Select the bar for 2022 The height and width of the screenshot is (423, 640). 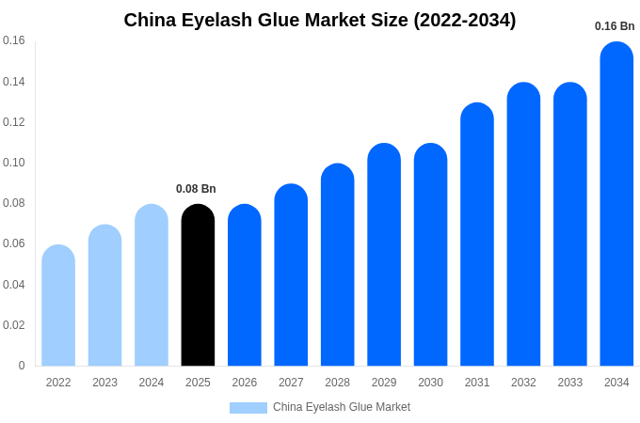coord(58,305)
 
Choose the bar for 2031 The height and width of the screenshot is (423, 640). coord(477,234)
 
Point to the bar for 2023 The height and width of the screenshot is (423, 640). coord(104,295)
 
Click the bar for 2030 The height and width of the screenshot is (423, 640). coord(430,255)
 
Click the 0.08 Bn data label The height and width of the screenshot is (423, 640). coord(196,189)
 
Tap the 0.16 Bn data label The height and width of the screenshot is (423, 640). coord(615,26)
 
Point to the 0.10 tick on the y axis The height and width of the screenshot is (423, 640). coord(14,163)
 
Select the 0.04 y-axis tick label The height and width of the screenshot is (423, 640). coord(14,285)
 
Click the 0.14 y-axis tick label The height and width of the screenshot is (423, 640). coord(14,82)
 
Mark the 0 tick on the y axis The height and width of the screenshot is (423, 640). coord(22,366)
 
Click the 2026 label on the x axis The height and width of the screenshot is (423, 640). coord(245,383)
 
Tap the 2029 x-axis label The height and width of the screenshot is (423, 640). coord(384,383)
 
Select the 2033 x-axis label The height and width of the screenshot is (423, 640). coord(570,383)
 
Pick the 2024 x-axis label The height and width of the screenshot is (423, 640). coord(152,383)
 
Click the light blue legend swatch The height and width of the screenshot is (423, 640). coord(248,407)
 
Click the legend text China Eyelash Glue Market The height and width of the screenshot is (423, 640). coord(342,407)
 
